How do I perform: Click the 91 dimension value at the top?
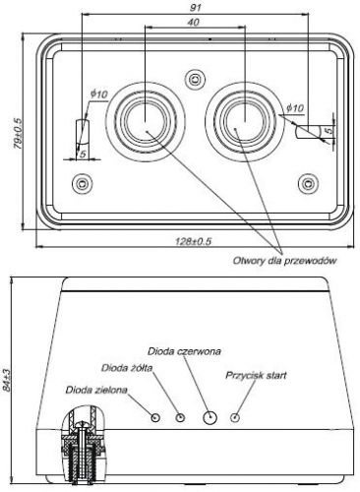tap(196, 8)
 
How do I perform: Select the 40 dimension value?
tap(193, 23)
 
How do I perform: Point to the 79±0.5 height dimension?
tap(18, 134)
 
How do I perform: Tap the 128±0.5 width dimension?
tap(194, 242)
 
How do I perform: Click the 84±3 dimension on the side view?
tap(6, 380)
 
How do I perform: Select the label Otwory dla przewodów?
tap(284, 261)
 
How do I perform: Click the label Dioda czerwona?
tap(184, 351)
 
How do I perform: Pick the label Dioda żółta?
tap(127, 368)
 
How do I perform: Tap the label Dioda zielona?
tap(96, 390)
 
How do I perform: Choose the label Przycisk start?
tap(256, 375)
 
